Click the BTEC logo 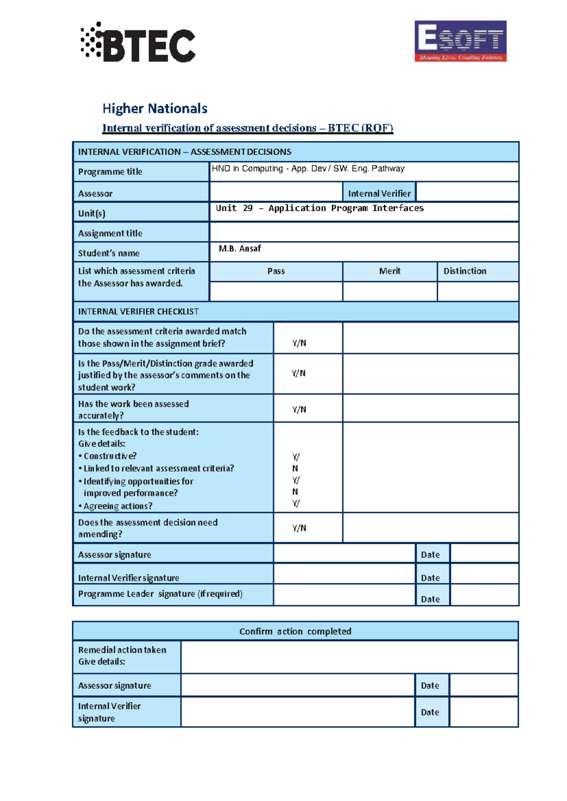tap(137, 43)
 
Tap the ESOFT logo tap(460, 41)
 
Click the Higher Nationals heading tap(155, 109)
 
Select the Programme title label tap(110, 172)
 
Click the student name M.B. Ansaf tap(240, 248)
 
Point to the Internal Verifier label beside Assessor tap(379, 194)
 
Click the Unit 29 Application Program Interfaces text tap(319, 208)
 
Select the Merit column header tap(389, 271)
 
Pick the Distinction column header tap(464, 271)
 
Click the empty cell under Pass tap(276, 291)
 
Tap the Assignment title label tap(110, 233)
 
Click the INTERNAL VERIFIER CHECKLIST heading tap(138, 312)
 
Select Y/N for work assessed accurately tap(299, 409)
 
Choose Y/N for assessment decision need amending tap(299, 528)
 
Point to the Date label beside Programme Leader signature tap(430, 599)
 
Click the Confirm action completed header tap(295, 631)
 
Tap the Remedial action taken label tap(122, 650)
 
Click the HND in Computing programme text tap(308, 169)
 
